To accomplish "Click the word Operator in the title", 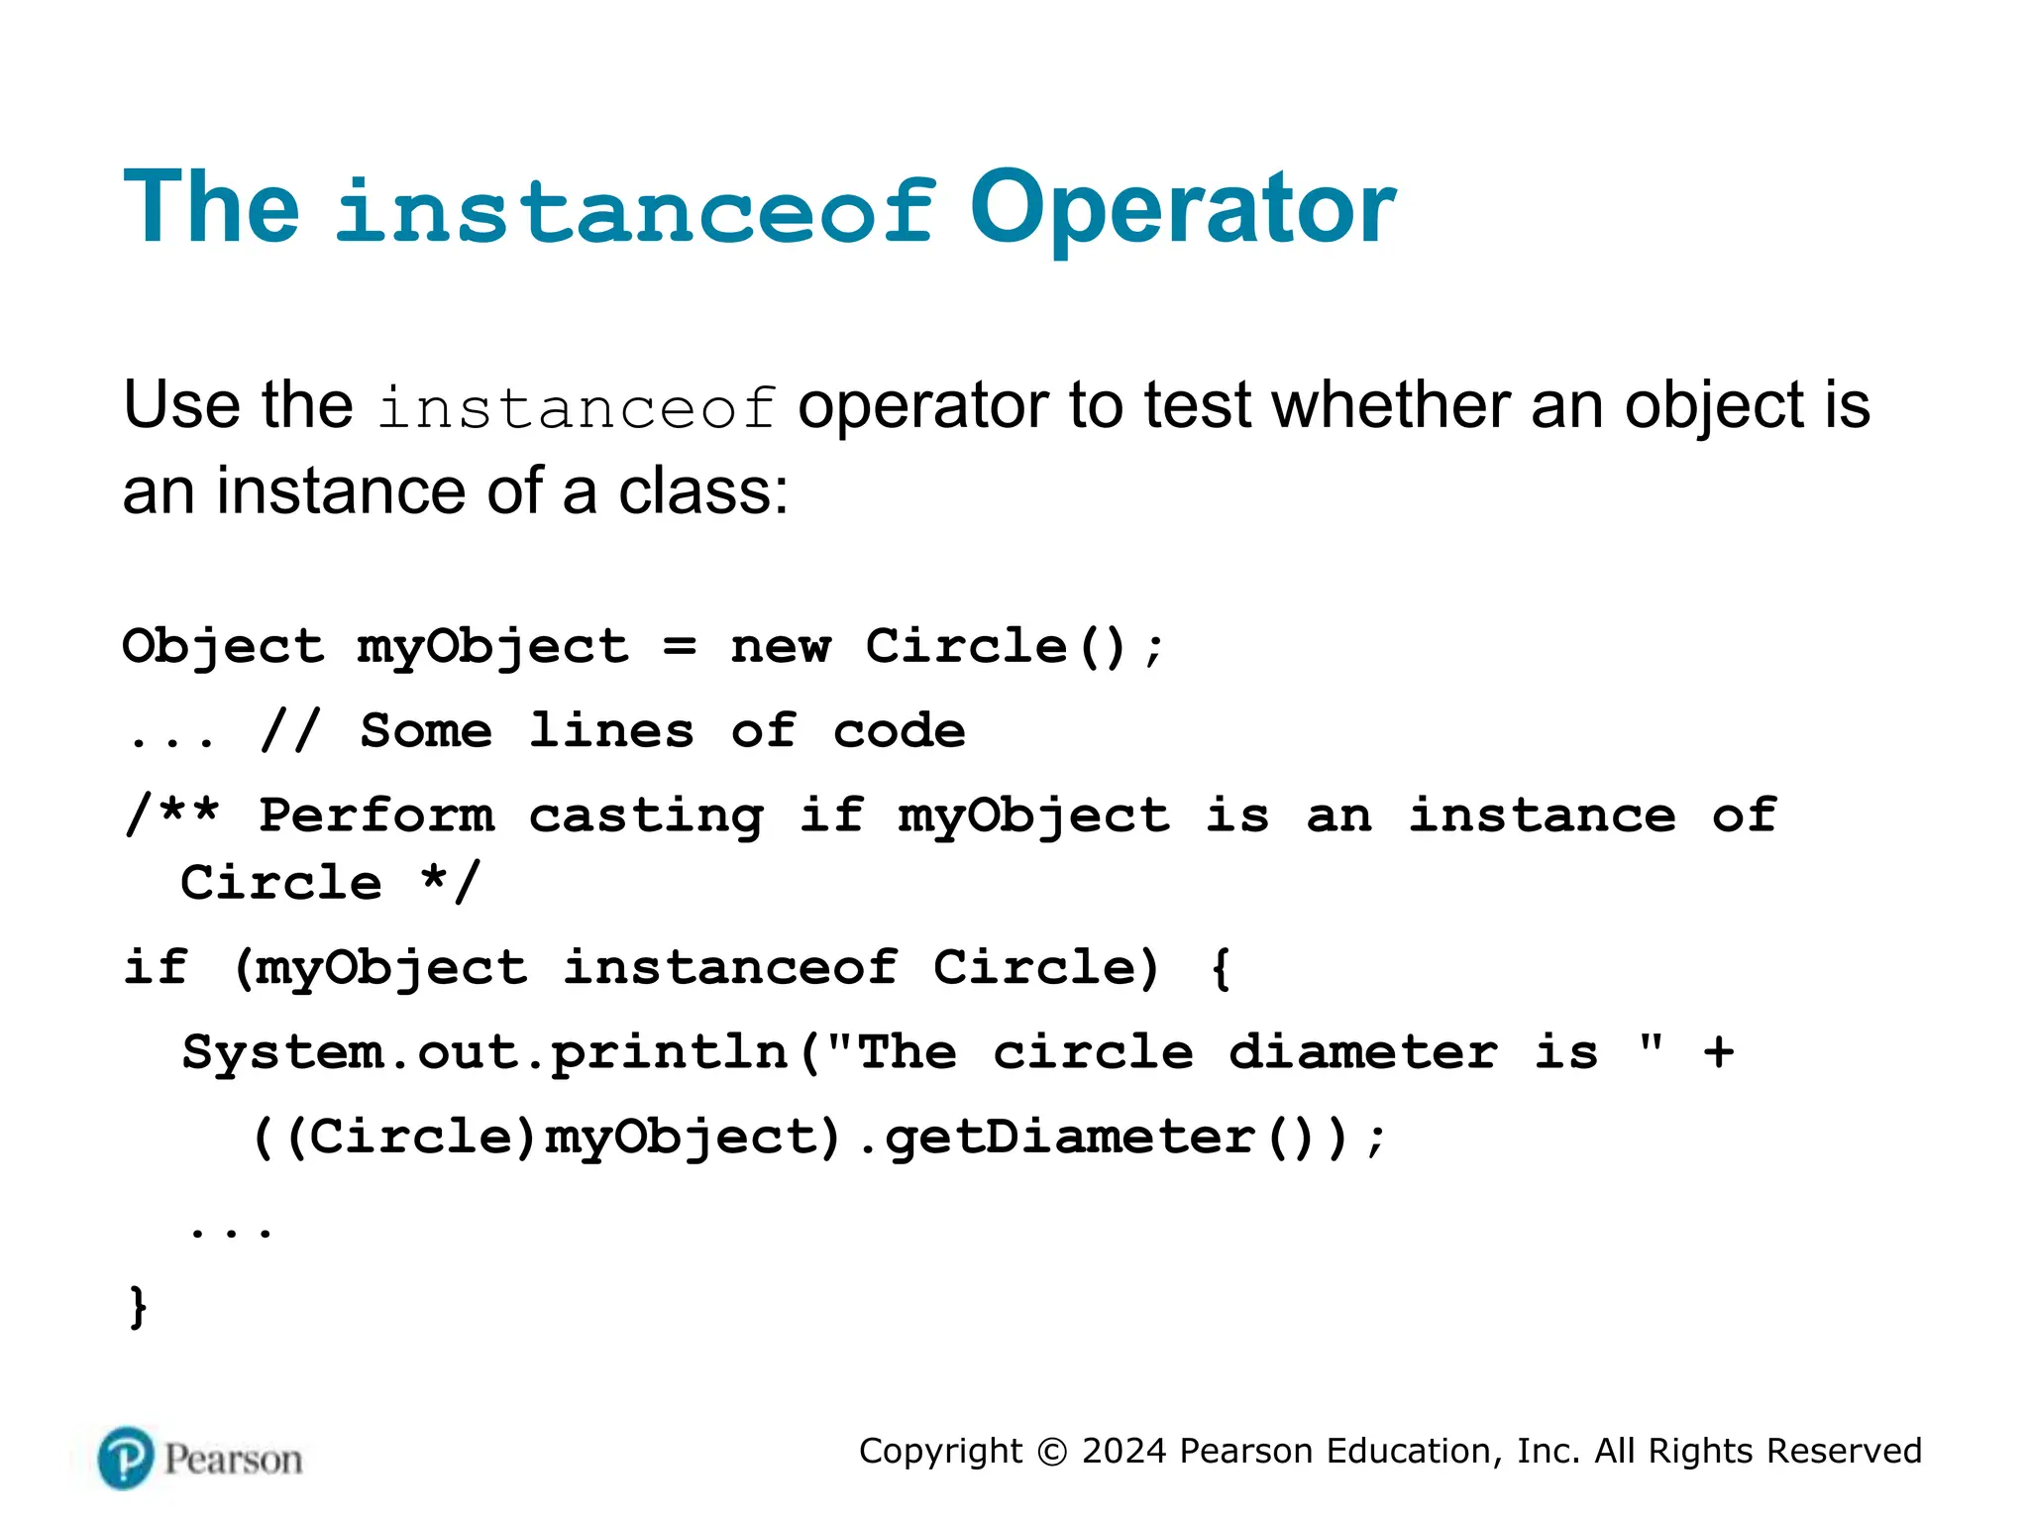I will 1183,207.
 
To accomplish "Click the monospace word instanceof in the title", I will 635,209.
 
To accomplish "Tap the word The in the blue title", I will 211,207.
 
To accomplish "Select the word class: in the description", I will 702,491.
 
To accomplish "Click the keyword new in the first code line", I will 781,647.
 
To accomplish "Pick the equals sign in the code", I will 680,647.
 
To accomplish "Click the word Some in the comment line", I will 426,731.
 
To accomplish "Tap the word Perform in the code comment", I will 376,816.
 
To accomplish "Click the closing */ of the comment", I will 451,883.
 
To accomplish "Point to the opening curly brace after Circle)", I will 1221,968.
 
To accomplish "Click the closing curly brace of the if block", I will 139,1307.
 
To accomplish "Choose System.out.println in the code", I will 485,1053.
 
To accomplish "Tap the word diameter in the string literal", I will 1363,1052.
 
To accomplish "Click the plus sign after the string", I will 1719,1052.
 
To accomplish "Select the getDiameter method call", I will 1070,1138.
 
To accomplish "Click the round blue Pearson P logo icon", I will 126,1459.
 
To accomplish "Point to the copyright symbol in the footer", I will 1052,1452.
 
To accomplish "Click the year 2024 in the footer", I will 1124,1452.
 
